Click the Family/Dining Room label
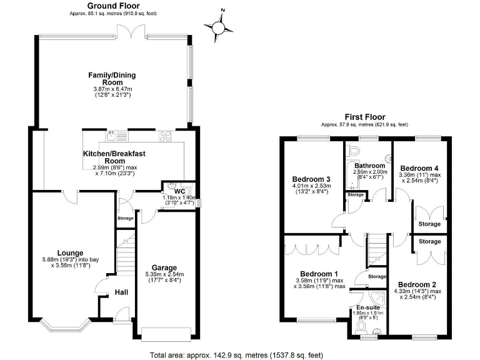(x=111, y=79)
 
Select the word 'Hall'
(x=121, y=292)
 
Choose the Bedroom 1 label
(x=319, y=274)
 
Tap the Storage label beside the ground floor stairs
(x=126, y=218)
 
